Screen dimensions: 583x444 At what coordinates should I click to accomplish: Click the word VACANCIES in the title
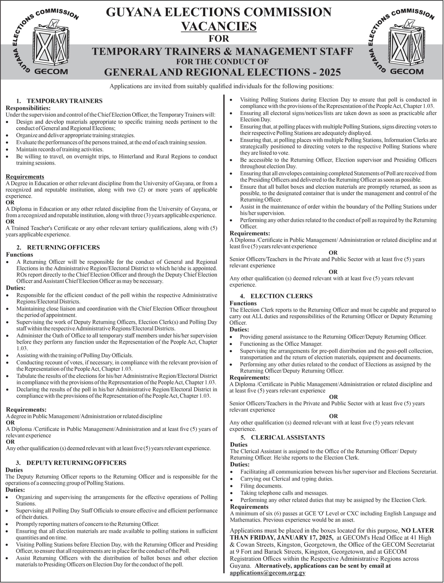click(x=219, y=26)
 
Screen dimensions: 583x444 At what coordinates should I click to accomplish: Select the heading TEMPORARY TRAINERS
click(x=65, y=101)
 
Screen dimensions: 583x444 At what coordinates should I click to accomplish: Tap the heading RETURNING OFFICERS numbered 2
click(x=63, y=247)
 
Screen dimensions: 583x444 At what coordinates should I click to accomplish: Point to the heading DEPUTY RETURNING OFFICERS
click(x=76, y=463)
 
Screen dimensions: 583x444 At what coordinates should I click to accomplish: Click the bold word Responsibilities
click(x=28, y=108)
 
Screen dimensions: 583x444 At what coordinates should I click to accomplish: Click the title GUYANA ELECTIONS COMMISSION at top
click(x=219, y=12)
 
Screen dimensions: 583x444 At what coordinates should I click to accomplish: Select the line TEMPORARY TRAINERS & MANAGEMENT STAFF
click(x=222, y=51)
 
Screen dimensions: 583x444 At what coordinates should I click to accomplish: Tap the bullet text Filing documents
click(x=261, y=486)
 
